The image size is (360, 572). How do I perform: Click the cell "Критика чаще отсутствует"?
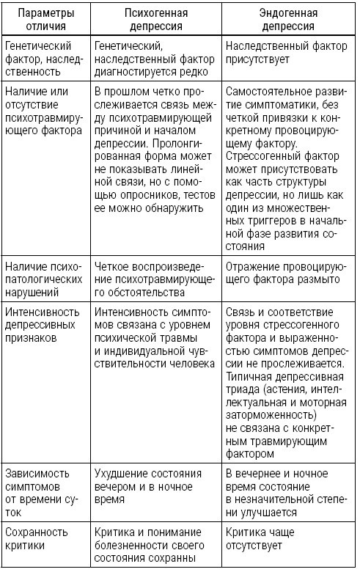pyautogui.click(x=267, y=539)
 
